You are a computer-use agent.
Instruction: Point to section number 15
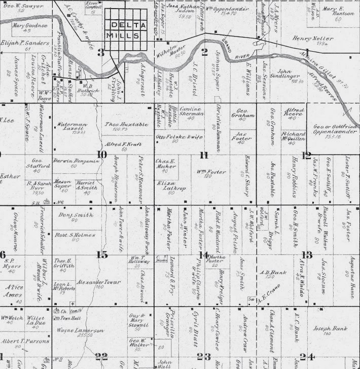(102, 255)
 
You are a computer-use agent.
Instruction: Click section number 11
(204, 155)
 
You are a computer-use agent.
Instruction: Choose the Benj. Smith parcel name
(76, 215)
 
